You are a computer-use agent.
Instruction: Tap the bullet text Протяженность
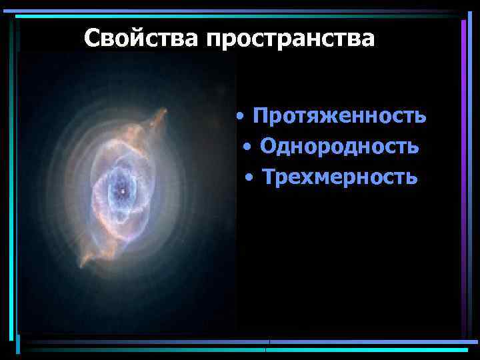pyautogui.click(x=339, y=116)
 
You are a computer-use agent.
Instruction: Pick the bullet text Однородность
pyautogui.click(x=339, y=146)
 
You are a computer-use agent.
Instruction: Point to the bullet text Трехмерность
pyautogui.click(x=339, y=177)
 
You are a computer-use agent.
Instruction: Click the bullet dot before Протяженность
pyautogui.click(x=240, y=117)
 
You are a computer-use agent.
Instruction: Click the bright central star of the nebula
pyautogui.click(x=122, y=192)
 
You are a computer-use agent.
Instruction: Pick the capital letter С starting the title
pyautogui.click(x=92, y=38)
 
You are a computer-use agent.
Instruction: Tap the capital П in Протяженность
pyautogui.click(x=261, y=116)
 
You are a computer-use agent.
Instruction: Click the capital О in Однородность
pyautogui.click(x=268, y=146)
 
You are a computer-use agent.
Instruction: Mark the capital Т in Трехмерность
pyautogui.click(x=269, y=177)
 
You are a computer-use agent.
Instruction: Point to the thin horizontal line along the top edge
pyautogui.click(x=240, y=11)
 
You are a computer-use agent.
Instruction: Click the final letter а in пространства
pyautogui.click(x=367, y=39)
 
